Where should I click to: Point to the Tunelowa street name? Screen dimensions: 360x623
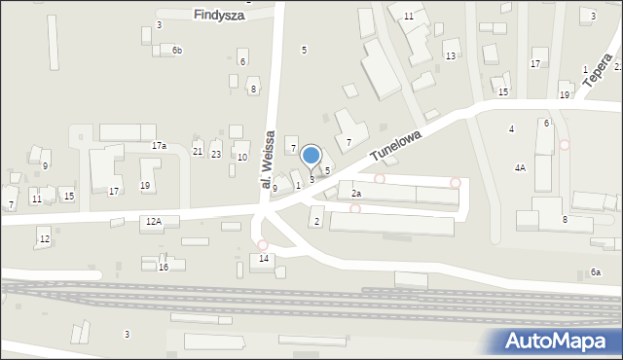point(397,150)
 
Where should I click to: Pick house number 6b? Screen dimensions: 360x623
point(177,51)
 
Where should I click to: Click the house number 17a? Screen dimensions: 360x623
point(159,146)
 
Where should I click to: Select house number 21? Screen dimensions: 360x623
point(198,153)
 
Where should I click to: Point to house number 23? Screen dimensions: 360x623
point(216,155)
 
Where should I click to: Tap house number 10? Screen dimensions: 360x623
point(242,158)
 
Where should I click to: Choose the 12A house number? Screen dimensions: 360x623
point(153,222)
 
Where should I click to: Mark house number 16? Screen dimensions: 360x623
point(164,267)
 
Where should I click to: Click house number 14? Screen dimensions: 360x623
point(264,259)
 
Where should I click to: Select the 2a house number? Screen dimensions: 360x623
point(356,195)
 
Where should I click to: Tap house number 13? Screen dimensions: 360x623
point(450,56)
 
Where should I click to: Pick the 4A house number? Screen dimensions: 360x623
point(520,168)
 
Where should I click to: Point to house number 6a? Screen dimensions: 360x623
point(596,272)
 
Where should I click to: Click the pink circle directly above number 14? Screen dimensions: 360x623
point(262,245)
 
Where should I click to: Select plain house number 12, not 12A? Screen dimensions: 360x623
point(44,239)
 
